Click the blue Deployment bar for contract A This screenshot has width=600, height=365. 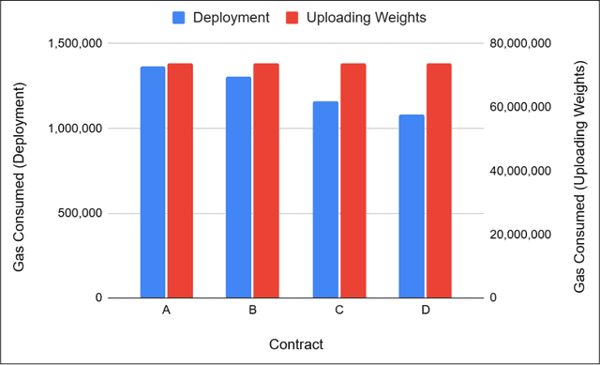(153, 182)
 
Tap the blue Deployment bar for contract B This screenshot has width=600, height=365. (239, 187)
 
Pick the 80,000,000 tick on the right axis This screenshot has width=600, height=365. (524, 44)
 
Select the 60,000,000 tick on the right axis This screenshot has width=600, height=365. (524, 108)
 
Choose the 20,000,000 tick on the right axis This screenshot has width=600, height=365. (524, 235)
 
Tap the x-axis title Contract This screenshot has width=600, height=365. (295, 344)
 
